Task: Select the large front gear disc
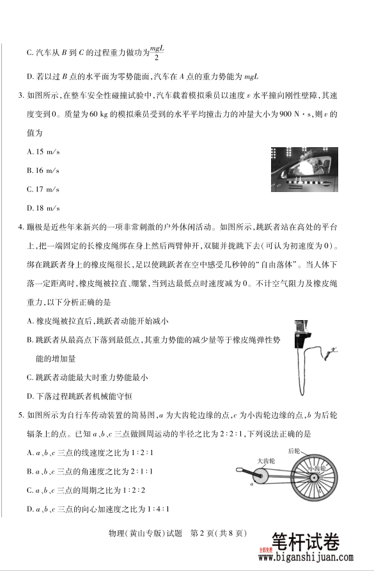coord(263,477)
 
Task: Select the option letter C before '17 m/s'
coord(30,189)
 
